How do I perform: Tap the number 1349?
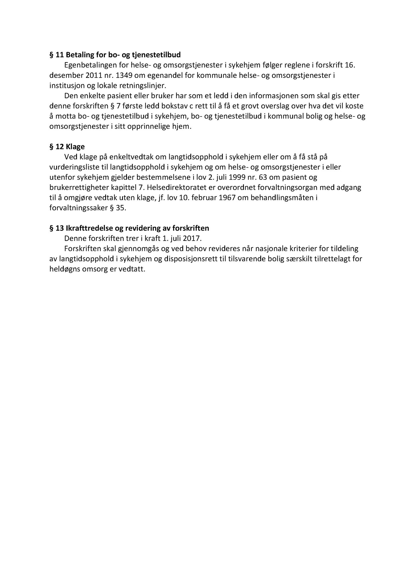[x=124, y=75]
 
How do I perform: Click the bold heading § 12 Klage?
[x=67, y=147]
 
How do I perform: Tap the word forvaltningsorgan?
[x=291, y=188]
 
